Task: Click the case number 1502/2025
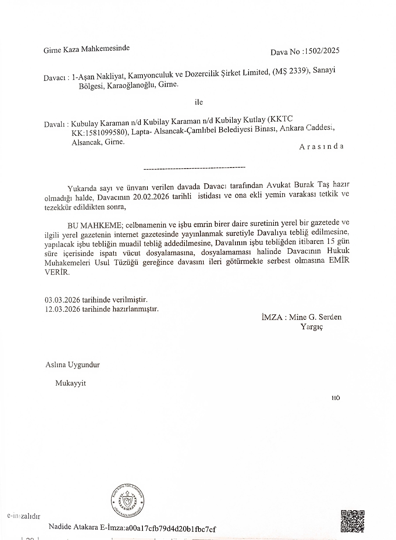[x=322, y=51]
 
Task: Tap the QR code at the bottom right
[x=353, y=521]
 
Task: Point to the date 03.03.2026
[x=62, y=300]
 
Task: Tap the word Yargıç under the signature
[x=312, y=327]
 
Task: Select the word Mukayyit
[x=70, y=383]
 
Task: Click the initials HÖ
[x=336, y=398]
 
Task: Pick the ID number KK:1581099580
[x=99, y=132]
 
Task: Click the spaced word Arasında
[x=321, y=146]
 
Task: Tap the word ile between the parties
[x=199, y=102]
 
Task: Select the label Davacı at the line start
[x=55, y=78]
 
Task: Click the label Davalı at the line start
[x=54, y=124]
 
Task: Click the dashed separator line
[x=194, y=169]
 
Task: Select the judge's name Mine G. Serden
[x=315, y=317]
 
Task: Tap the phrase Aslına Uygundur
[x=72, y=365]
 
